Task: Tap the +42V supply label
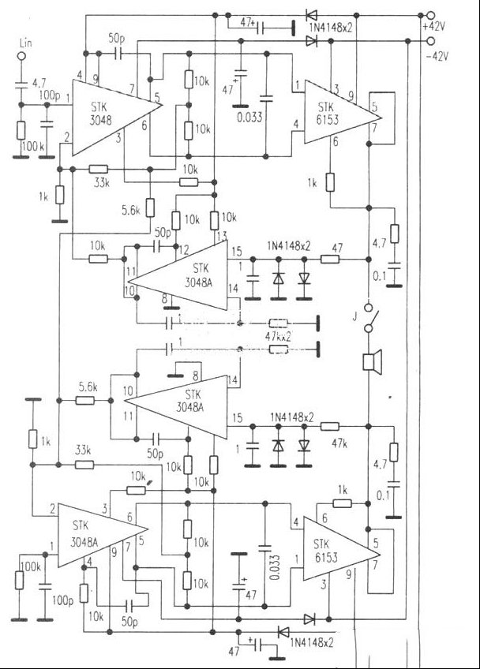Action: [x=434, y=25]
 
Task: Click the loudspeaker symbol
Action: [x=369, y=362]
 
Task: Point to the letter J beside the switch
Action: [x=354, y=320]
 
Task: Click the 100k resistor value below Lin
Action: [x=34, y=147]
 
